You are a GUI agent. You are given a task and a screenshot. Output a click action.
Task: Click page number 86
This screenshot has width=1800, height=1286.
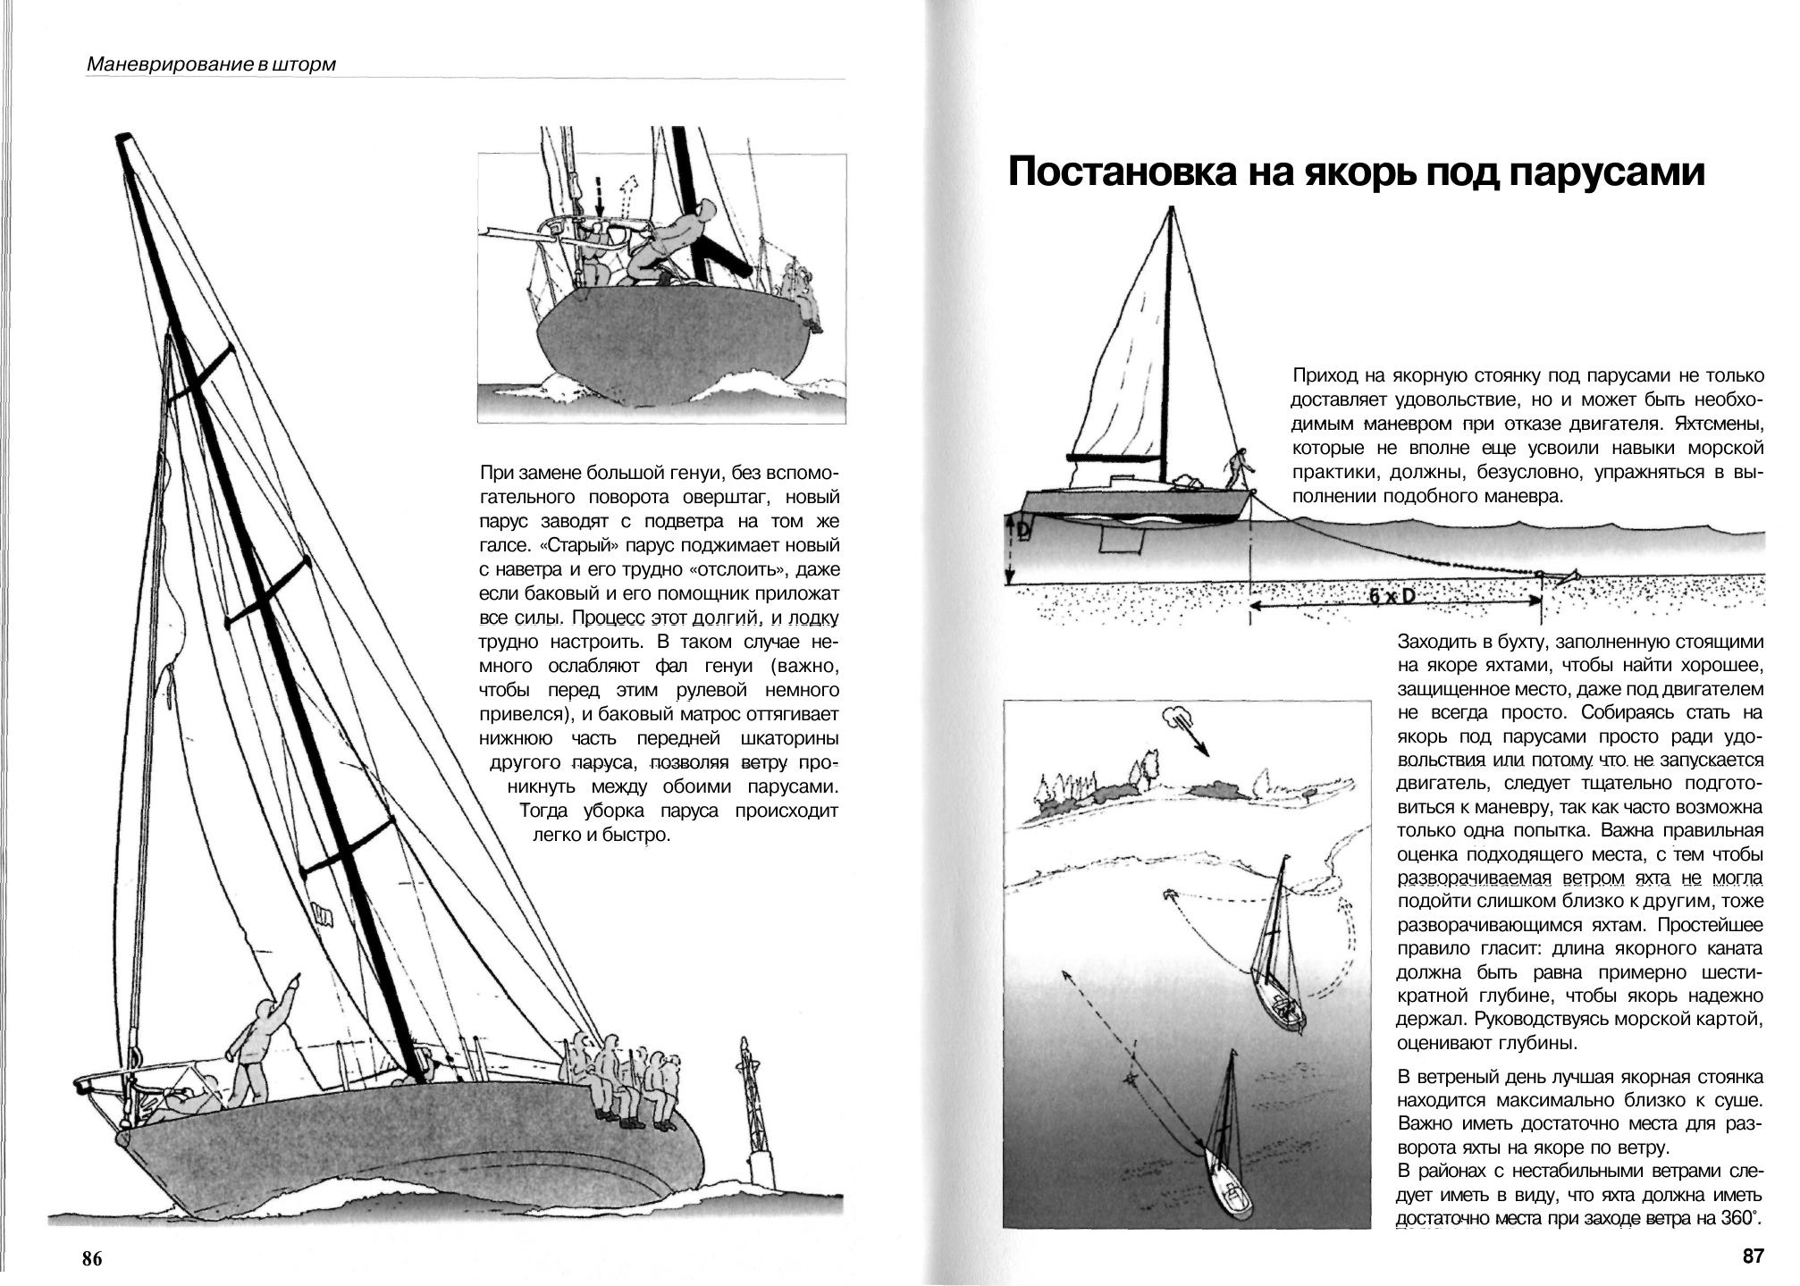pos(92,1259)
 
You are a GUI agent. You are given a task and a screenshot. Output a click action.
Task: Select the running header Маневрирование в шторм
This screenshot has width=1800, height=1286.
pos(212,64)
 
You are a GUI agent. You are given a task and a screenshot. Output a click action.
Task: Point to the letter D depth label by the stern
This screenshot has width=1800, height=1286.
pos(1024,533)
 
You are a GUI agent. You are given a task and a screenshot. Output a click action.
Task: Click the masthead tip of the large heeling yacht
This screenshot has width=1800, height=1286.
pos(124,140)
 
